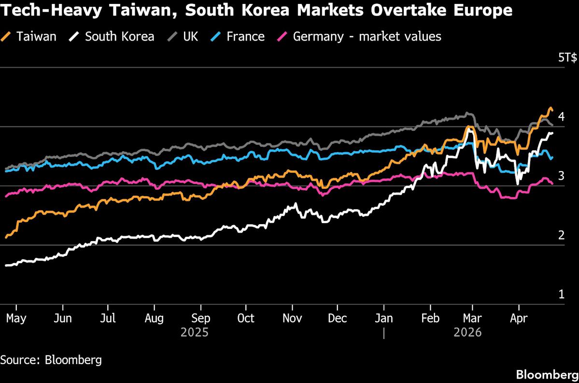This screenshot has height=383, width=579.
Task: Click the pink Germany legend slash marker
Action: click(x=283, y=36)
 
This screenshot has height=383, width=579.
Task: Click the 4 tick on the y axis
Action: click(x=561, y=116)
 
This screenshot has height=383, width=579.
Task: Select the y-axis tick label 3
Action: click(x=561, y=176)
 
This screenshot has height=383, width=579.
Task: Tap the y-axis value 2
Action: click(x=561, y=235)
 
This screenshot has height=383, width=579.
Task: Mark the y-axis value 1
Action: click(x=561, y=294)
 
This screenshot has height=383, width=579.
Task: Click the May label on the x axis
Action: click(x=16, y=318)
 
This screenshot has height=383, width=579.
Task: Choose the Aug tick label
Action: click(x=154, y=318)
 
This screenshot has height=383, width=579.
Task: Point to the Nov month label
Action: click(x=292, y=318)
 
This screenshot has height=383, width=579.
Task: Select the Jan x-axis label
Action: click(x=384, y=318)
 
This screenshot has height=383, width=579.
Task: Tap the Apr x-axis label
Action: click(x=519, y=318)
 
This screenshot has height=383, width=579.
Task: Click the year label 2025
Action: click(x=195, y=333)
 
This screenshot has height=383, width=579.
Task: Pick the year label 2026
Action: click(x=467, y=333)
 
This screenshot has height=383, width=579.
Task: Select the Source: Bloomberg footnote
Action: click(x=51, y=360)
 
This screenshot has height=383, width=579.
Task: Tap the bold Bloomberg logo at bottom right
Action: click(x=547, y=374)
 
